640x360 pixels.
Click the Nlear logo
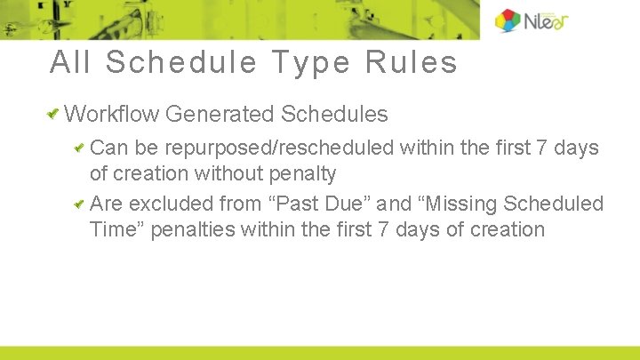531,20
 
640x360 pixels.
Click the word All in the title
70,62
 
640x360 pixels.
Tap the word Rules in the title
413,62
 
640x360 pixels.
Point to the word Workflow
112,114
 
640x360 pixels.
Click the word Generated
220,114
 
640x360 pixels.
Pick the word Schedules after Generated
334,114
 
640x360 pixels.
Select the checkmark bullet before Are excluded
80,204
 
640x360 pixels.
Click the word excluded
166,204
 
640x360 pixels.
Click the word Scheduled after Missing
553,204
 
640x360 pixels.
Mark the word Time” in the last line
117,229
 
